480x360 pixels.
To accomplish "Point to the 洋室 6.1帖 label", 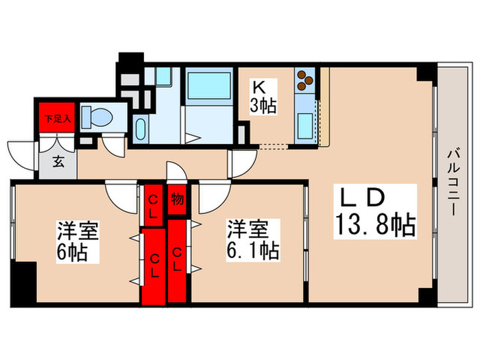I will coord(253,241).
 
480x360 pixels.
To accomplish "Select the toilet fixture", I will coord(97,117).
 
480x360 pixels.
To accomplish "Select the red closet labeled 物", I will coord(176,198).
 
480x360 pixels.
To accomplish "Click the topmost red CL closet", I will coord(153,204).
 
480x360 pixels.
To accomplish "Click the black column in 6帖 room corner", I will coord(25,282).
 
